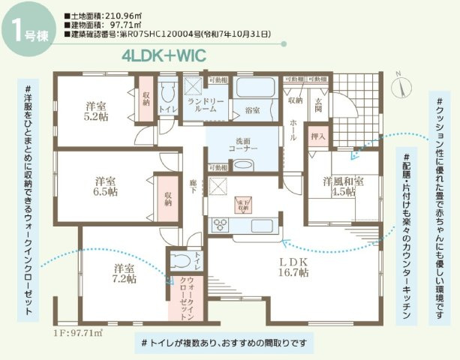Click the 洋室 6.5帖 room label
click(x=105, y=186)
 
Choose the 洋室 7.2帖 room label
click(x=125, y=273)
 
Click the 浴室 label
click(x=252, y=110)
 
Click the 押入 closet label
click(x=318, y=137)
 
